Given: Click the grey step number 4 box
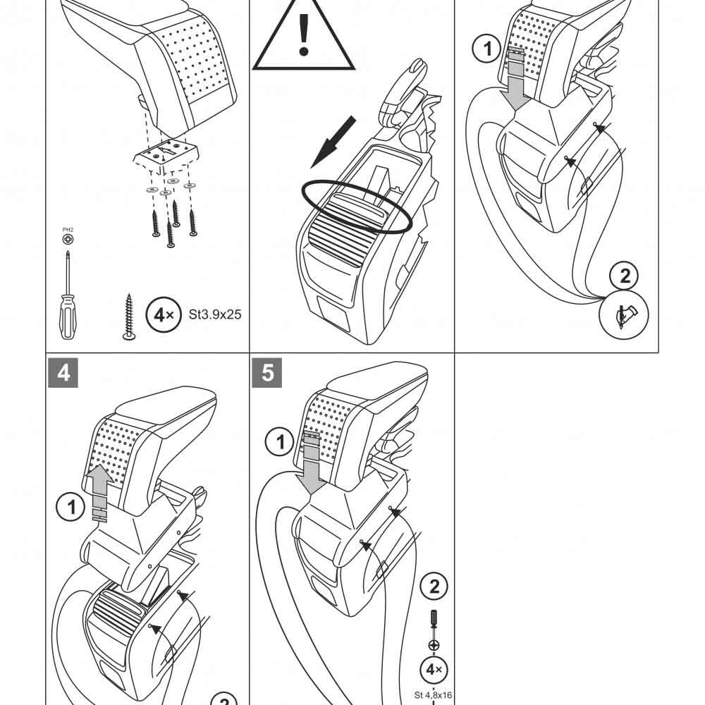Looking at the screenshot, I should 63,372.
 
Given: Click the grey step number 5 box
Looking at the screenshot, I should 267,372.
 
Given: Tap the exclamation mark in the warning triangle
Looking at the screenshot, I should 304,35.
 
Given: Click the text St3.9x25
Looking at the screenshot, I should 215,315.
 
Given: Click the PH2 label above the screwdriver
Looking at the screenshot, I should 67,229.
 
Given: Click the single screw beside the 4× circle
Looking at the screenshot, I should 128,317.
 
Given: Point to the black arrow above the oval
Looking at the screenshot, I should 333,141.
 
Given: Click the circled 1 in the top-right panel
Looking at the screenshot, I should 484,49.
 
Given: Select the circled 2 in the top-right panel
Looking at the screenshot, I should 625,275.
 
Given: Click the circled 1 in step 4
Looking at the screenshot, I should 70,507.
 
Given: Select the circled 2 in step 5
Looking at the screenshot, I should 434,586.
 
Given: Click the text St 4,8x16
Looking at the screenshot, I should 433,695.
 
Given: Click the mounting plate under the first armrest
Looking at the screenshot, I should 167,156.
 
